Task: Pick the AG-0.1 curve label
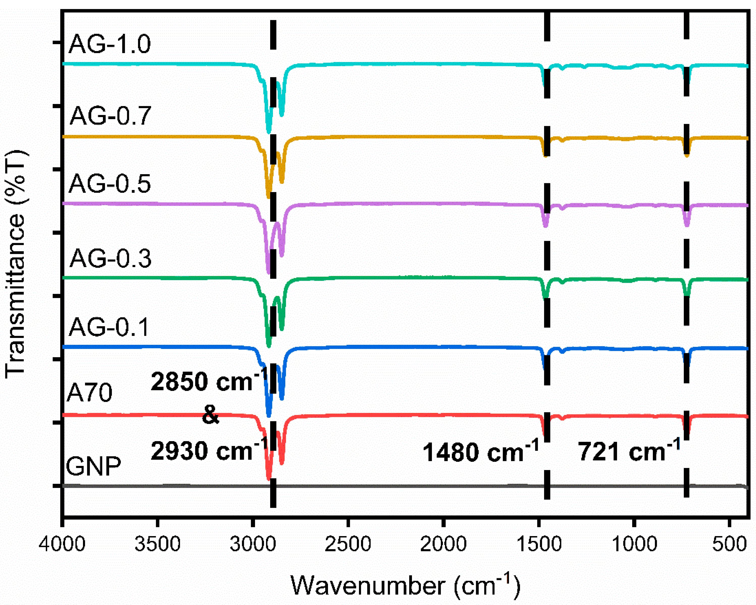coord(109,327)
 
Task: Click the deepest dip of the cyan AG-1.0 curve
coord(269,131)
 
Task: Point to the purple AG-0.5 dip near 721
coord(687,225)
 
